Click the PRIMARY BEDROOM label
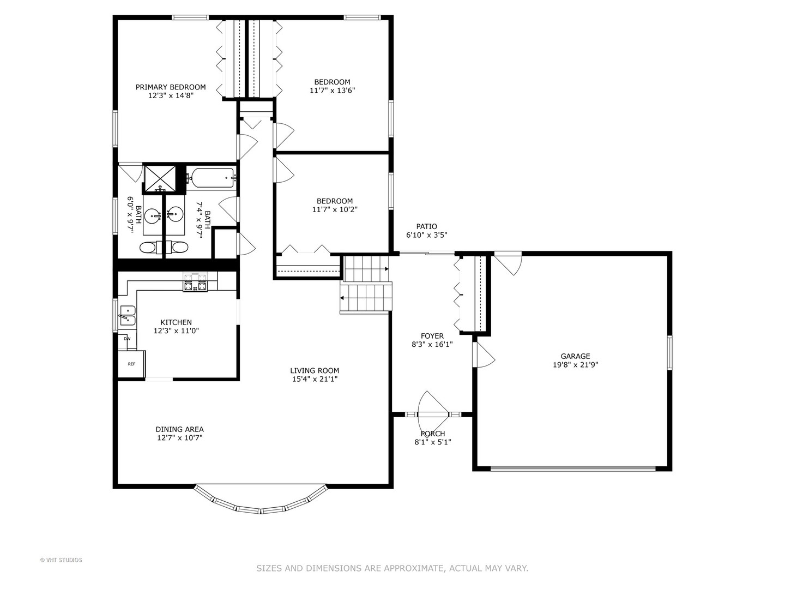(x=171, y=87)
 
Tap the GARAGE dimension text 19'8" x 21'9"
(x=575, y=365)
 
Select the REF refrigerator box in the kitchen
(x=131, y=364)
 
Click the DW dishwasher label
(x=127, y=339)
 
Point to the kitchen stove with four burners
(x=195, y=283)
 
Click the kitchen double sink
(x=128, y=315)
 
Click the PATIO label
(x=426, y=226)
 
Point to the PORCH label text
(x=432, y=434)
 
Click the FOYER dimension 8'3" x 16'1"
(x=432, y=344)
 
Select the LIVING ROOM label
(x=315, y=370)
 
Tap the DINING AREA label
(x=179, y=429)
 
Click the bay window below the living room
(x=261, y=505)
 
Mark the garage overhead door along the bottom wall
(x=573, y=468)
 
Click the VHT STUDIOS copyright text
(x=61, y=560)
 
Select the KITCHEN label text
(x=176, y=322)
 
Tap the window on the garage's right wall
(x=669, y=353)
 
